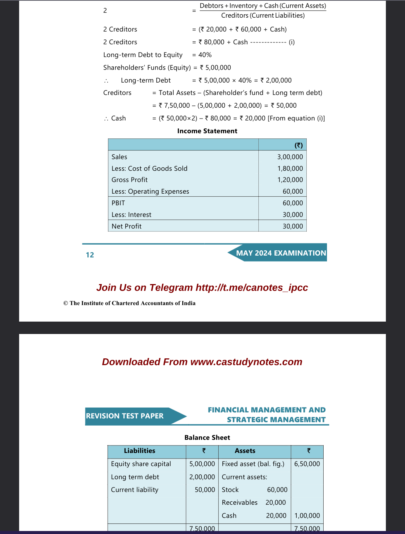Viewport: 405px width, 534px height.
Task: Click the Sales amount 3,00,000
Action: click(x=290, y=157)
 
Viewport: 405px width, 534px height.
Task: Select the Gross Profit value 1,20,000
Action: click(x=290, y=180)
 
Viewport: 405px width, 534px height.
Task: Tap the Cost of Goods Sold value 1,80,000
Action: click(x=290, y=168)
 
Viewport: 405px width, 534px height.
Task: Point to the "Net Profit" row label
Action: click(x=126, y=226)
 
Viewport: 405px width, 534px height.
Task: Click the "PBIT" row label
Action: click(x=118, y=203)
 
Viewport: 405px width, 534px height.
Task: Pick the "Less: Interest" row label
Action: click(x=131, y=215)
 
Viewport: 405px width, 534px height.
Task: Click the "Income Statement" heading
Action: click(x=207, y=131)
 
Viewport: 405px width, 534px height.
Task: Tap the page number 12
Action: click(x=90, y=255)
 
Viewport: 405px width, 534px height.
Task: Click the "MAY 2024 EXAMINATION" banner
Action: click(x=281, y=253)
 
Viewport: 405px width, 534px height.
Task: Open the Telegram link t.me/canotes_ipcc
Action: click(x=252, y=287)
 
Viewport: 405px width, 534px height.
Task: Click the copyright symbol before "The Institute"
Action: click(x=66, y=303)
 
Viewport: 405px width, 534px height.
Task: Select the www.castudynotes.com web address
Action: click(x=246, y=362)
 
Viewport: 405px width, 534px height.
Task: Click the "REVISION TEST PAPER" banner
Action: click(x=124, y=416)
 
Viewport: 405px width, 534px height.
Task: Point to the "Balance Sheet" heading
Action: click(x=207, y=438)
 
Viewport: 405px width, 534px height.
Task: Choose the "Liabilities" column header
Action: click(x=139, y=451)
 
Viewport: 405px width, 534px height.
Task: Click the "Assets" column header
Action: click(x=245, y=451)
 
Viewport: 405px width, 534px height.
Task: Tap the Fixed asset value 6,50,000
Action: click(x=307, y=464)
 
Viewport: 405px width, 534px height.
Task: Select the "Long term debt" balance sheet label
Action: click(x=135, y=477)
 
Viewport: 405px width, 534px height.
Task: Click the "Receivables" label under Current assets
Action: click(x=240, y=502)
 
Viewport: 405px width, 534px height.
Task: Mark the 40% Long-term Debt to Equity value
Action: click(x=205, y=55)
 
